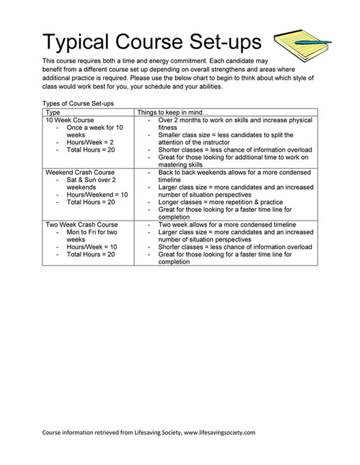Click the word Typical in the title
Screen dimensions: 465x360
[79, 42]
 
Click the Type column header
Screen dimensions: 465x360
[53, 112]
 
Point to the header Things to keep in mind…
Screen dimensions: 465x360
[173, 112]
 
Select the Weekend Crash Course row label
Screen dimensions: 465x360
[80, 173]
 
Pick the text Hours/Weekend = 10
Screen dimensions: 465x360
[97, 195]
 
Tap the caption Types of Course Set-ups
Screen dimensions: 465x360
[78, 104]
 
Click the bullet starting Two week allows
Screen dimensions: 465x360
[226, 224]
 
